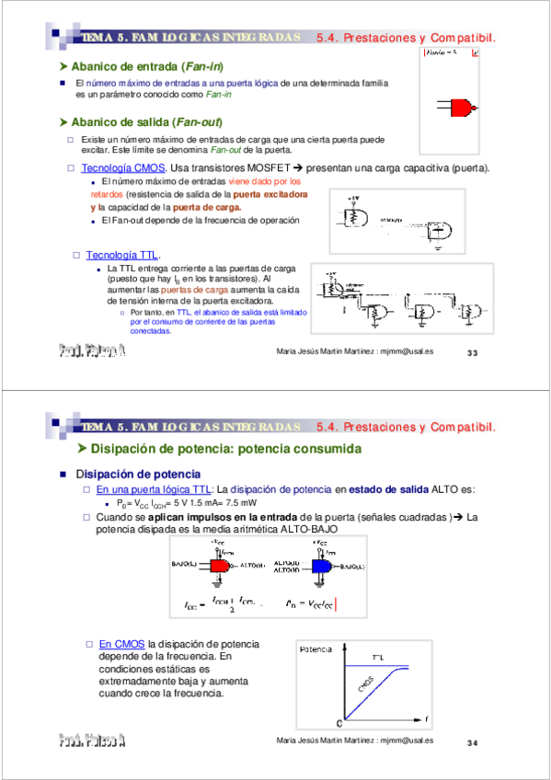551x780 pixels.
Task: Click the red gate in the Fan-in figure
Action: pos(462,108)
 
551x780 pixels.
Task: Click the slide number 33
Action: pos(474,353)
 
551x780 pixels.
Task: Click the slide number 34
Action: pos(474,741)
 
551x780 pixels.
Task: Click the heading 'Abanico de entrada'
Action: pos(146,67)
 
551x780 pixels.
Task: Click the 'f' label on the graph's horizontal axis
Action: pos(426,717)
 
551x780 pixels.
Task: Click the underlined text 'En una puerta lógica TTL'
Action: pos(155,490)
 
